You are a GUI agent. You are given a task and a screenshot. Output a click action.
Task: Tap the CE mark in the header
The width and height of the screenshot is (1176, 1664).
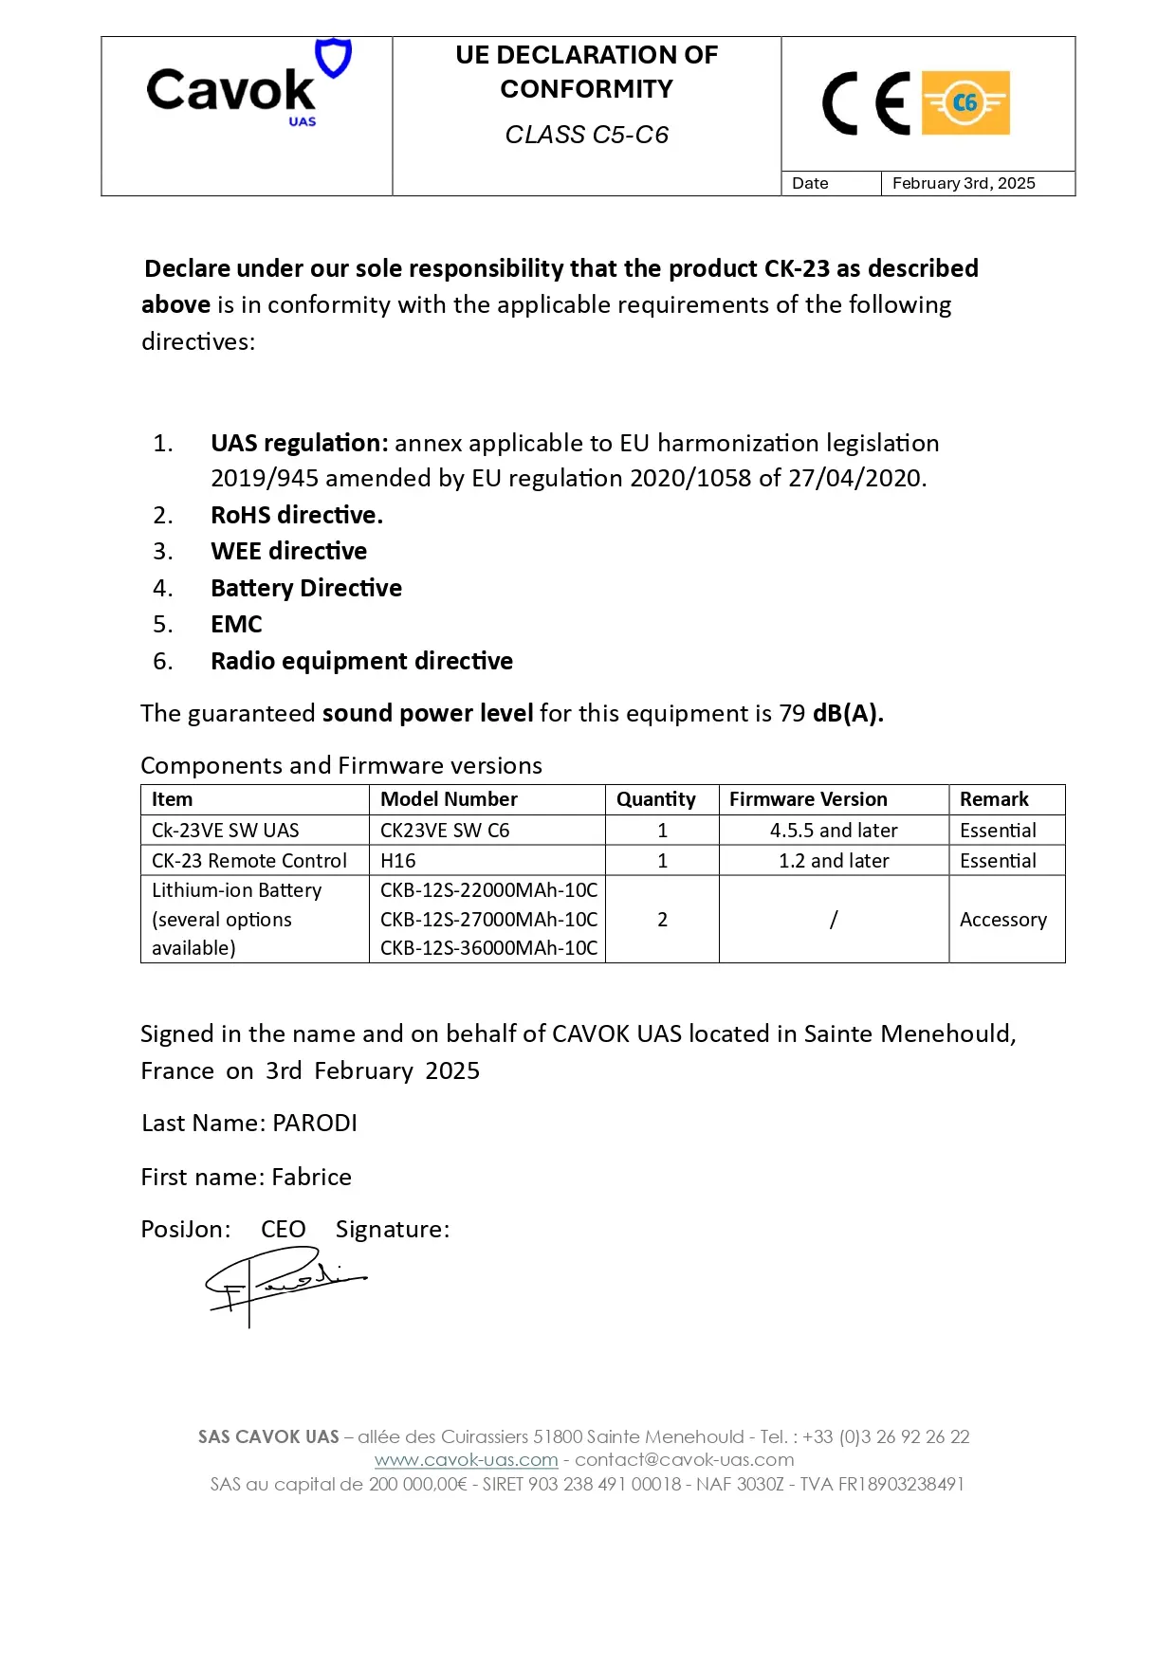[866, 103]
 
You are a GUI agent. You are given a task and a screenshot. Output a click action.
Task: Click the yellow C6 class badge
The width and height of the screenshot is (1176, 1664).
[965, 102]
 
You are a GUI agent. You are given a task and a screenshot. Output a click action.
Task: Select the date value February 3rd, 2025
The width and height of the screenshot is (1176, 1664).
[964, 183]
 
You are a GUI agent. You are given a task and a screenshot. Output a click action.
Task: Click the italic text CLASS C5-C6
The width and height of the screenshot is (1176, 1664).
[586, 135]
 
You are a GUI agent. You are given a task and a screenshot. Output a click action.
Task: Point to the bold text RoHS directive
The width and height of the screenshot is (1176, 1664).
[297, 515]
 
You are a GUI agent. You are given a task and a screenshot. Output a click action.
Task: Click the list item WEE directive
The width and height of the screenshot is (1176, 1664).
[288, 551]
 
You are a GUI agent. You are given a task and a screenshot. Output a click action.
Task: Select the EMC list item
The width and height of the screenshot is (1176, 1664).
[236, 624]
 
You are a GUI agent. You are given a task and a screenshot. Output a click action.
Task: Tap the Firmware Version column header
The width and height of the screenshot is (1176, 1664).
[808, 799]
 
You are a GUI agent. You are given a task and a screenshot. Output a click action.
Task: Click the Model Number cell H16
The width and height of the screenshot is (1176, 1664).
[398, 861]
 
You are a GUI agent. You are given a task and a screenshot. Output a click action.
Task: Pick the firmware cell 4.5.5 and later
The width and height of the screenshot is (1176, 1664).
[834, 831]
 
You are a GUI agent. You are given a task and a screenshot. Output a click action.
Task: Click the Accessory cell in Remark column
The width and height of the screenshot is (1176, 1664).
[1003, 920]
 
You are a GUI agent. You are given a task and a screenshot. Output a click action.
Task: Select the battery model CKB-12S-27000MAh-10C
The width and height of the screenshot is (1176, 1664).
[488, 920]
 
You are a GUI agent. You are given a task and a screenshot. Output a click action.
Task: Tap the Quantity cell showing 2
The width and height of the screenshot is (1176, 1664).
[662, 920]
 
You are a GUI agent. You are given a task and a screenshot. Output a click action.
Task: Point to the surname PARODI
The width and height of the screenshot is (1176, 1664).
[315, 1124]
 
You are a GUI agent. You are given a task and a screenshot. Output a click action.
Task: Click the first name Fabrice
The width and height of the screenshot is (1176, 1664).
[311, 1178]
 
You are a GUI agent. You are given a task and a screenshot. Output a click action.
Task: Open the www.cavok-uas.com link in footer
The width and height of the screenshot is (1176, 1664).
[466, 1460]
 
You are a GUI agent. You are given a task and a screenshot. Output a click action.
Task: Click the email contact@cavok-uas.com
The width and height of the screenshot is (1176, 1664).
[685, 1460]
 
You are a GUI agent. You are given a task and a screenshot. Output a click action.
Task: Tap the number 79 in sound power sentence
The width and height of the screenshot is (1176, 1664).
[792, 714]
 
